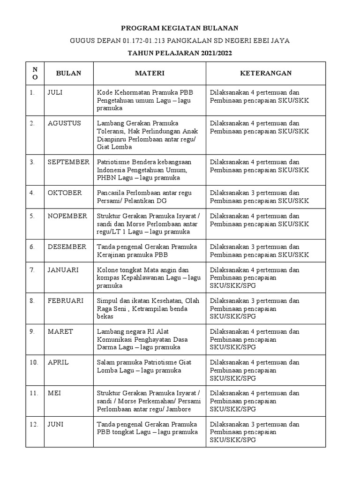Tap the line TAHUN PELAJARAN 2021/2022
click(180, 53)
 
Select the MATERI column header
click(150, 73)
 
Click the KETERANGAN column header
click(266, 73)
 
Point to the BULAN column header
click(68, 73)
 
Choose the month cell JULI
click(55, 92)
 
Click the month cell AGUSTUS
click(64, 123)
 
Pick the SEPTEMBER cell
click(68, 162)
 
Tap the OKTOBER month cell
click(65, 193)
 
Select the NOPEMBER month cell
click(67, 216)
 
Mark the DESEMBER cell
click(67, 247)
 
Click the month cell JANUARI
click(63, 270)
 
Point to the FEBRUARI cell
click(65, 300)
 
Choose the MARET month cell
click(60, 331)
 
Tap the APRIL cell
click(58, 362)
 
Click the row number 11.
click(34, 393)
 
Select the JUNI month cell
click(56, 424)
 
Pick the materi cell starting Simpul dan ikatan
click(149, 308)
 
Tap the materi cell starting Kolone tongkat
click(149, 277)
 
